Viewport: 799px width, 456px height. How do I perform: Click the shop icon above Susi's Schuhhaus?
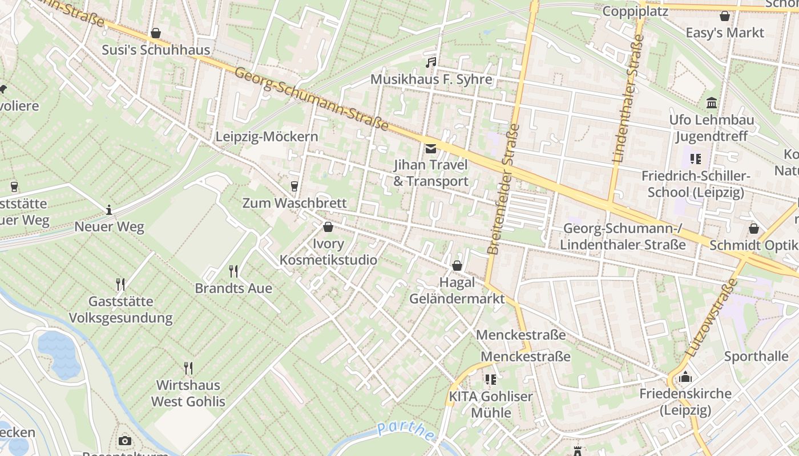pos(155,34)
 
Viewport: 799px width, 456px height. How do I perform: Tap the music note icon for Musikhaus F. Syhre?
pos(431,62)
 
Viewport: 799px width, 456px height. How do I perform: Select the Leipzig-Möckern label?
pos(267,137)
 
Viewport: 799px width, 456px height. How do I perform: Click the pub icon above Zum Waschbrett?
pos(294,186)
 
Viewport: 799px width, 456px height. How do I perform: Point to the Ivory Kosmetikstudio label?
pos(328,252)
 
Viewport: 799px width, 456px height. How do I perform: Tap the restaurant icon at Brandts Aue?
pos(233,271)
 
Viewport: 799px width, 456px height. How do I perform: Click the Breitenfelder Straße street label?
pos(504,189)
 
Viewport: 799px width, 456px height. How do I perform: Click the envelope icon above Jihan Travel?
pos(431,149)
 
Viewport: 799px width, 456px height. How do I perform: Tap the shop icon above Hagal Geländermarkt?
pos(457,266)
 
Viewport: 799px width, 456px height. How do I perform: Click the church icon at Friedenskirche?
pos(685,377)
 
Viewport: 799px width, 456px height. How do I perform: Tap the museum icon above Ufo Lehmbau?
pos(712,103)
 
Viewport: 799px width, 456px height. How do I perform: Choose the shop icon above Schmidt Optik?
pos(754,229)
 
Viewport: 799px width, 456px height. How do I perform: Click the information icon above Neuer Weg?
pos(109,210)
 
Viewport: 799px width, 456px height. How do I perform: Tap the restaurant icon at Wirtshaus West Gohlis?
pos(188,368)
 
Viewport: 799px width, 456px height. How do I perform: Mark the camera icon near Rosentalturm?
pos(125,441)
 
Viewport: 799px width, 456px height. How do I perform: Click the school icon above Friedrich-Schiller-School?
pos(695,158)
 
